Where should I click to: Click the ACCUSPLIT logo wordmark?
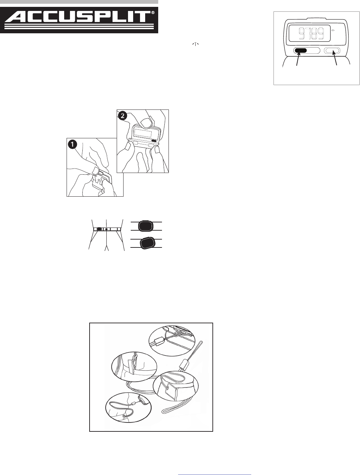pos(78,17)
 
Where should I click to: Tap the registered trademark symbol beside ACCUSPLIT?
pos(153,13)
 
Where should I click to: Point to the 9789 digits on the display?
pos(311,34)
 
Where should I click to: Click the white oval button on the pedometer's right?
pos(332,51)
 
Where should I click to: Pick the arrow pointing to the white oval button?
pos(335,58)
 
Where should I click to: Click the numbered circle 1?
pos(72,144)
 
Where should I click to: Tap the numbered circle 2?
pos(123,116)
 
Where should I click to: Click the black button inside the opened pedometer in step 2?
pos(154,141)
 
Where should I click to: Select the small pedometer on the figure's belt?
pos(99,229)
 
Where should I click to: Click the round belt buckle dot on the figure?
pos(106,229)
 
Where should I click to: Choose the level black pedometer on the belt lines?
pos(146,226)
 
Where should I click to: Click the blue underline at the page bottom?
pos(214,473)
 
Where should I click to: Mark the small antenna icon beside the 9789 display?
pos(333,31)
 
